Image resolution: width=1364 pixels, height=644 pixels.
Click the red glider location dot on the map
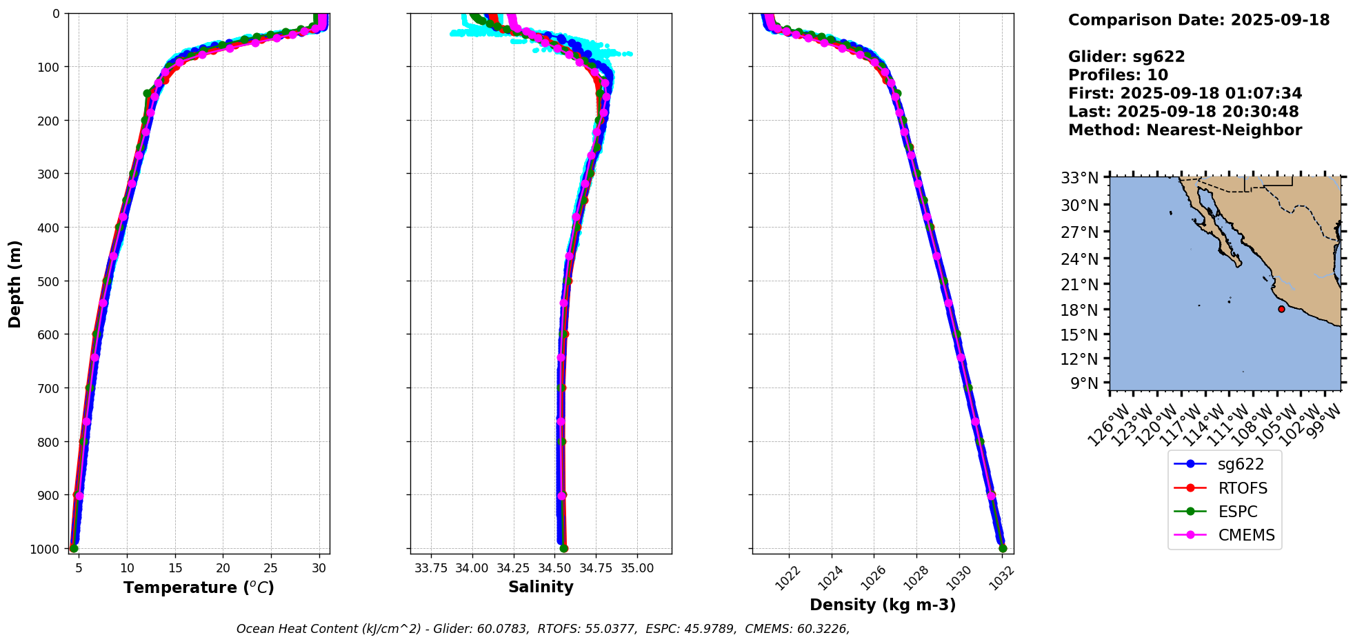pos(1281,309)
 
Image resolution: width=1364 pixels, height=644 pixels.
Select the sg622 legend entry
pos(1240,465)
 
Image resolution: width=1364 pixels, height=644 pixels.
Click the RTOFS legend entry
pos(1242,488)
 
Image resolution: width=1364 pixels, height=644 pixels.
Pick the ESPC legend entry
pos(1237,512)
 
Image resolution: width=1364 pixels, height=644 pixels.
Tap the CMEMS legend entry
pos(1245,535)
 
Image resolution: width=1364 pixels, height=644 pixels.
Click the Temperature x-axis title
pos(199,587)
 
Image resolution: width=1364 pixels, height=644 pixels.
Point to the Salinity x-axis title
pos(541,587)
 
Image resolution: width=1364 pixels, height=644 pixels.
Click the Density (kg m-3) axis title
pos(883,605)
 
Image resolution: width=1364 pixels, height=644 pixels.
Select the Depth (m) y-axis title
pos(14,283)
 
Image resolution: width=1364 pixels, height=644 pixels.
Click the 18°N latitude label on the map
pos(1079,310)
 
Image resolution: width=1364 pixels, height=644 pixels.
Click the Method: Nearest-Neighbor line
pos(1185,130)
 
